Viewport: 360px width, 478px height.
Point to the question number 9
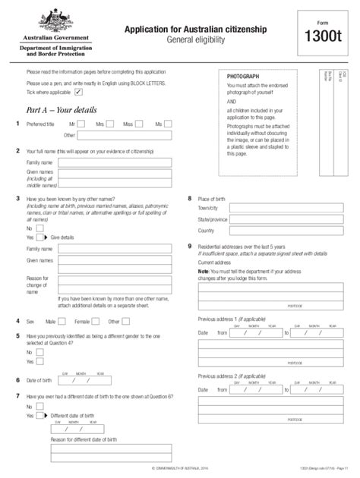tap(189, 246)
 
